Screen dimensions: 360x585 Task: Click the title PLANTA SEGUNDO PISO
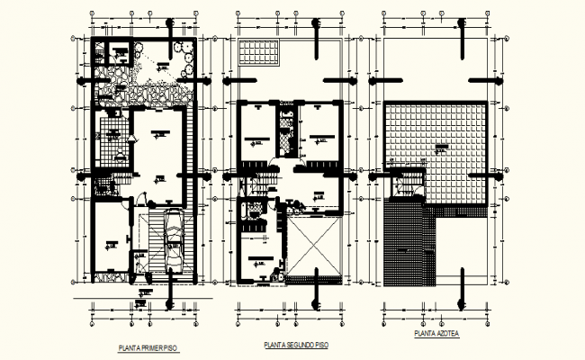pos(296,345)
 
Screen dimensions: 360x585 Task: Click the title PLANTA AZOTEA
pos(436,334)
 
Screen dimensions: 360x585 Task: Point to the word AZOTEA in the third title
pos(445,334)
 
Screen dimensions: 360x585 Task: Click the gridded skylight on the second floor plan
pos(262,52)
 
